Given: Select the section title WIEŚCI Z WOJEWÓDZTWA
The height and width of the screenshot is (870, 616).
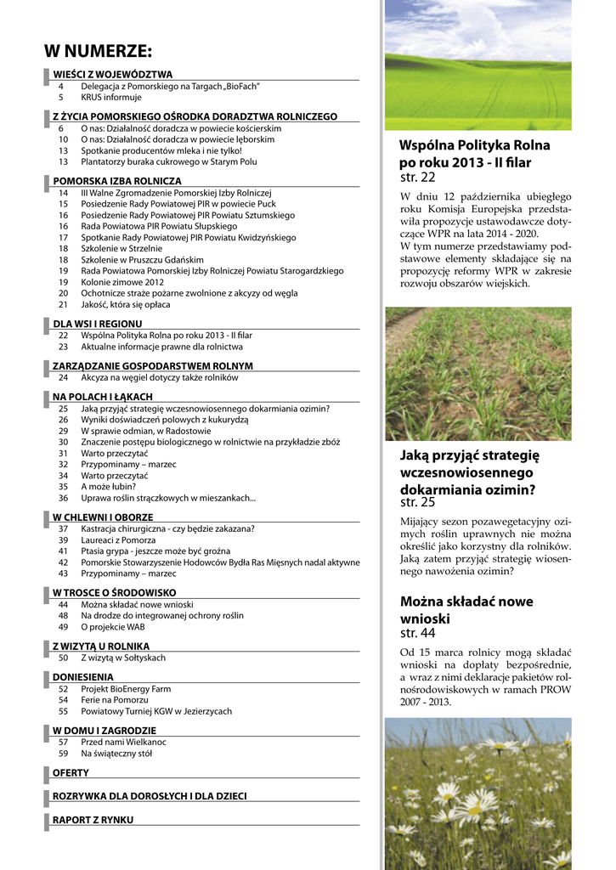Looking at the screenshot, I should (112, 75).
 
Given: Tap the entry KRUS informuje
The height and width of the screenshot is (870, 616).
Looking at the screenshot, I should (111, 98).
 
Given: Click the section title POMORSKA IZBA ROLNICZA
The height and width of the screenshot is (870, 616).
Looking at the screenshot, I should (117, 181).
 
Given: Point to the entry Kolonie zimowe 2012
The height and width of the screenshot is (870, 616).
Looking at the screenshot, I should (122, 282).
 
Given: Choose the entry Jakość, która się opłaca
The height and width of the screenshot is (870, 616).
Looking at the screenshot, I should (125, 304).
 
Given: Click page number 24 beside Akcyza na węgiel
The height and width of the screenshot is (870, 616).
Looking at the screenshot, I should (63, 377).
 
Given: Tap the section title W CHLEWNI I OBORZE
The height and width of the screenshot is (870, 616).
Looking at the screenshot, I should (103, 517).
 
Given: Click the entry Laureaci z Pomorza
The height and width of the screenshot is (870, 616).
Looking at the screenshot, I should (118, 540).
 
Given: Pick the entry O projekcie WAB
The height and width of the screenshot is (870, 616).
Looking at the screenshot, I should (113, 627).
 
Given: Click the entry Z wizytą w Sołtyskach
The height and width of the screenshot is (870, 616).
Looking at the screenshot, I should (123, 658).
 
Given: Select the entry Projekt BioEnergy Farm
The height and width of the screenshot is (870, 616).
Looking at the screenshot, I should (126, 689).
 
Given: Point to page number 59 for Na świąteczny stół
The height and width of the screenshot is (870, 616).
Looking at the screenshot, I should (63, 753).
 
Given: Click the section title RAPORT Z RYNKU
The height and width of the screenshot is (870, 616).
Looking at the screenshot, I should (93, 820).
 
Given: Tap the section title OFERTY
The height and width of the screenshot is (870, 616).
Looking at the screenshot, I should (71, 773).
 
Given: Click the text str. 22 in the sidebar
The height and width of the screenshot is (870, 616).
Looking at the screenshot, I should (417, 178).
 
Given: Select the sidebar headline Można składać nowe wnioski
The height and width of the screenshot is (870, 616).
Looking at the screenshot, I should (466, 610).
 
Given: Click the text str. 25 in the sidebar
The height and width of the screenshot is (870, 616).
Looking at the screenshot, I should (417, 503).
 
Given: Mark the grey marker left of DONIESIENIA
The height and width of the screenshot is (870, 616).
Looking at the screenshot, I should (46, 677).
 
